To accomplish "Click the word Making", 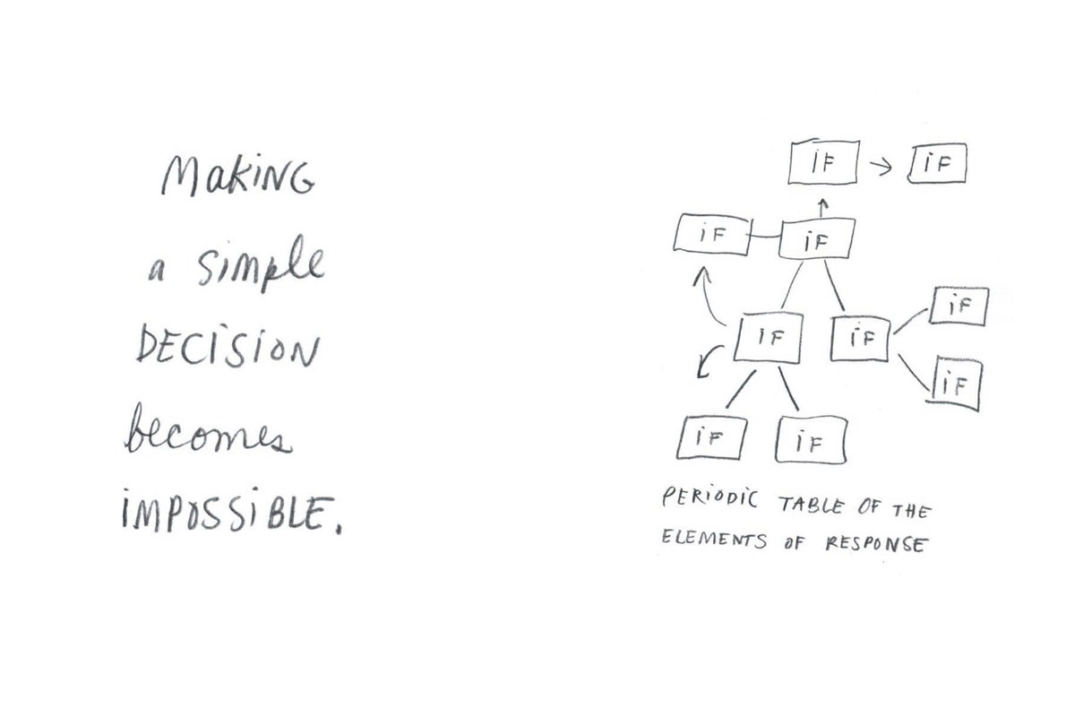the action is pos(237,176).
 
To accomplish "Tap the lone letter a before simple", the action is pos(157,272).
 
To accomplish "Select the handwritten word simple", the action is pos(262,264).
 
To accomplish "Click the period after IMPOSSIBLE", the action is pos(340,531).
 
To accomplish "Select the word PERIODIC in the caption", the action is pos(709,498).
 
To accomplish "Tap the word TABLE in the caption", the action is pos(811,505).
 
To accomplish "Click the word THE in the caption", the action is pos(912,511).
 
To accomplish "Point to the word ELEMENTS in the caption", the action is pos(714,539).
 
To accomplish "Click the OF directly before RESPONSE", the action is pos(795,543).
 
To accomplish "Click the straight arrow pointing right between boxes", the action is pos(881,167).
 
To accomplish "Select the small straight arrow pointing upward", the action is pos(822,207).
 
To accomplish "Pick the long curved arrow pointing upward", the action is pos(703,298).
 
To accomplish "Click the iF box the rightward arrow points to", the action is pos(937,163).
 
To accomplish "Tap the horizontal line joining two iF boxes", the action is pos(764,237).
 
